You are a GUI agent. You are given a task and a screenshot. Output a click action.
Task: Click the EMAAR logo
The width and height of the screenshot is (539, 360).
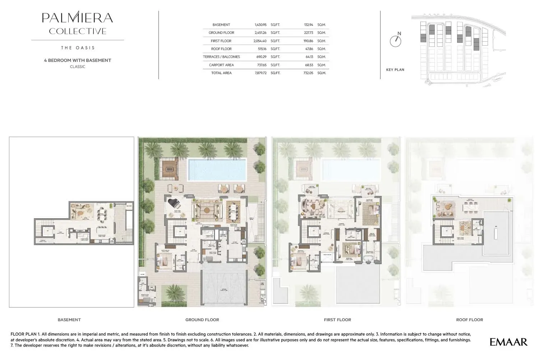coord(508,342)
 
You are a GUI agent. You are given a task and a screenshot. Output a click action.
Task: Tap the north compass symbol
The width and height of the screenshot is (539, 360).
coord(396,40)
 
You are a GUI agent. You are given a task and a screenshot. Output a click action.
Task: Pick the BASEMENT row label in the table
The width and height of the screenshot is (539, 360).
coord(221,25)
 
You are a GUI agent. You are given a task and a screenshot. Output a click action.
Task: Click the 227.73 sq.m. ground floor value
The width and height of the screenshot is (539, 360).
coord(308,33)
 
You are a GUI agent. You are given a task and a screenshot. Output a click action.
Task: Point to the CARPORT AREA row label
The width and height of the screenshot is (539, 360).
coord(221,65)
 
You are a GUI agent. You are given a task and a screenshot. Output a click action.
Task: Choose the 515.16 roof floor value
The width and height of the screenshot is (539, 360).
coord(262,49)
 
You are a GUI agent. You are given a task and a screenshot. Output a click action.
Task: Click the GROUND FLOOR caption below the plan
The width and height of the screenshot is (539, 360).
coord(202,320)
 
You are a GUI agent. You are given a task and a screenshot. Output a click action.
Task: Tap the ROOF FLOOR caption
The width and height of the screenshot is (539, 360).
coord(469,320)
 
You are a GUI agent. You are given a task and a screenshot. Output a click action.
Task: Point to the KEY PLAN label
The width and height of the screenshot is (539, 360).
coord(395,70)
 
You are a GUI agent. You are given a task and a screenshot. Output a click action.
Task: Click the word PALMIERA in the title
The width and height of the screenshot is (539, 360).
coord(77,18)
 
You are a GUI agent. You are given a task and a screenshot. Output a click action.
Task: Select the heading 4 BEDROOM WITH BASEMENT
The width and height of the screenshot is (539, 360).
coord(78,60)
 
